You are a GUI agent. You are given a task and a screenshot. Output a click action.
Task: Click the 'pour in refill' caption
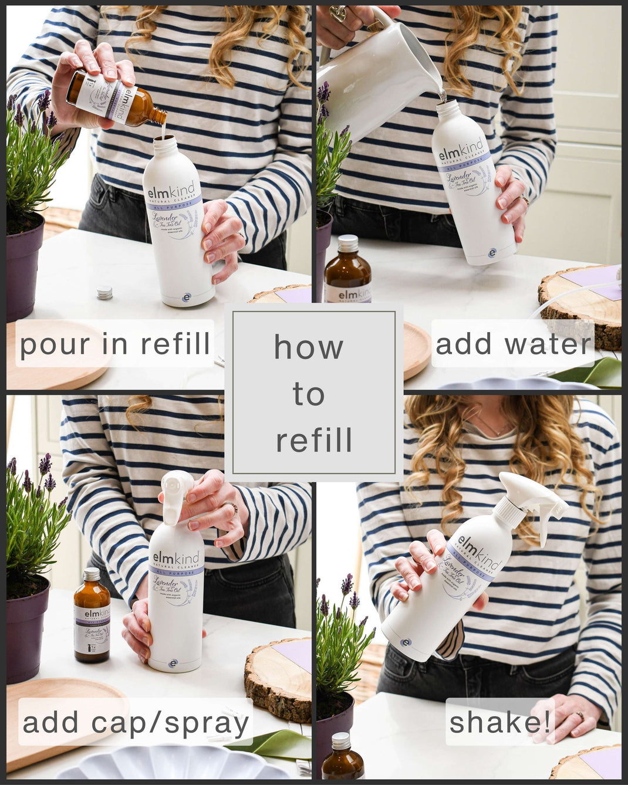pyautogui.click(x=115, y=344)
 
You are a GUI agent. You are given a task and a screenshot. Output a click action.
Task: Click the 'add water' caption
pyautogui.click(x=513, y=344)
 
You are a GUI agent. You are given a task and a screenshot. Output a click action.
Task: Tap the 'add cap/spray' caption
pyautogui.click(x=136, y=722)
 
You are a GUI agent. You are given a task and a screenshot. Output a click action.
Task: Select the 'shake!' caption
pyautogui.click(x=500, y=722)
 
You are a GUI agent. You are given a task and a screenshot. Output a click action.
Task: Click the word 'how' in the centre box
pyautogui.click(x=309, y=347)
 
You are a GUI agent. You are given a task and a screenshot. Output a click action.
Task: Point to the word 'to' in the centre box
pyautogui.click(x=309, y=394)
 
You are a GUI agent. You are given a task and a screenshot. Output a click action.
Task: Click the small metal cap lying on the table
pyautogui.click(x=105, y=293)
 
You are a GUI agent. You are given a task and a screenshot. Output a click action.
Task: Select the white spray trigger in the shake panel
pyautogui.click(x=531, y=499)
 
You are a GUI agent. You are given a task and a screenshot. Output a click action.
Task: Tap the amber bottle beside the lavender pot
pyautogui.click(x=92, y=616)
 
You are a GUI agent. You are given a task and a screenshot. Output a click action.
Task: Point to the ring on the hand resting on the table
pyautogui.click(x=579, y=716)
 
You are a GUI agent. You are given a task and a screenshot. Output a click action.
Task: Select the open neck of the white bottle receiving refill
pyautogui.click(x=165, y=140)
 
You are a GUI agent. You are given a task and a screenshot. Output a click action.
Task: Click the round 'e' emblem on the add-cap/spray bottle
pyautogui.click(x=173, y=664)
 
